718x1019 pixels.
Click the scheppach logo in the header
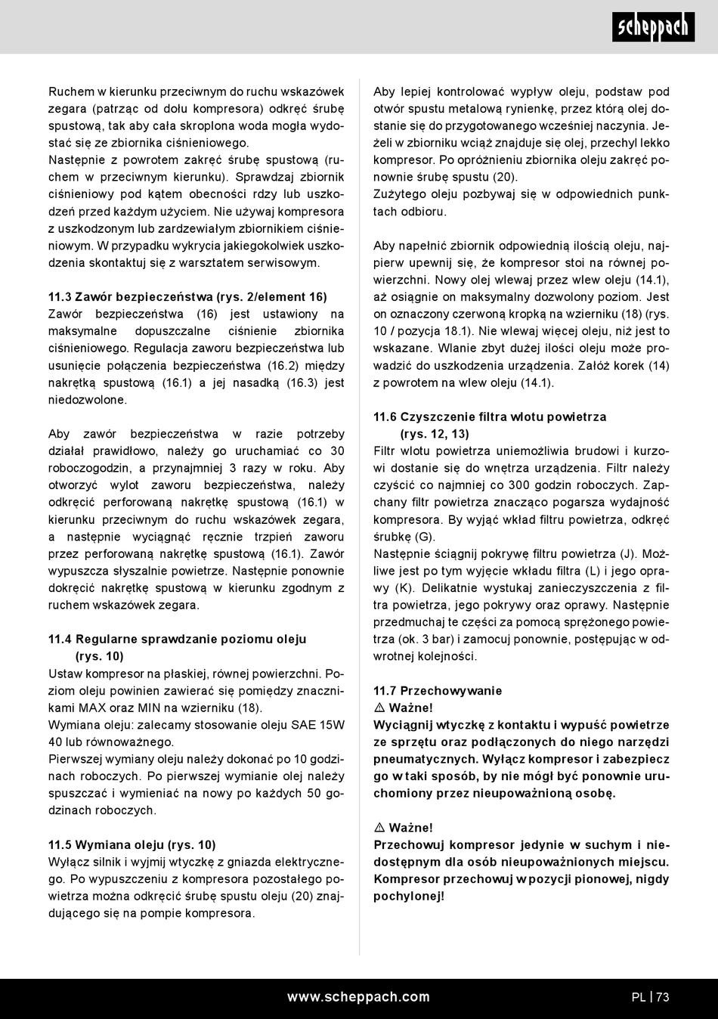[x=652, y=28]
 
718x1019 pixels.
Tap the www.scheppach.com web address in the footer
[x=358, y=997]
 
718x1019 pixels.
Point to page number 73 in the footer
[x=663, y=997]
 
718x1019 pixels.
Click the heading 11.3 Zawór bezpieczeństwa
[x=187, y=297]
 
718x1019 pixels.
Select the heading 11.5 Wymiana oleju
[x=132, y=845]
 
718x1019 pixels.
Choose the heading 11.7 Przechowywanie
[x=438, y=691]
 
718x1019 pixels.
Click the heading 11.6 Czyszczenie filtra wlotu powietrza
[x=490, y=417]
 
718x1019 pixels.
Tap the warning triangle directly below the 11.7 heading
[x=379, y=708]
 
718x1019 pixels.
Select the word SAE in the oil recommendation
[x=303, y=725]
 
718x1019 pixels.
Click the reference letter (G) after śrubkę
[x=426, y=537]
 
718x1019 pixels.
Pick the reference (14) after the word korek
[x=658, y=366]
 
